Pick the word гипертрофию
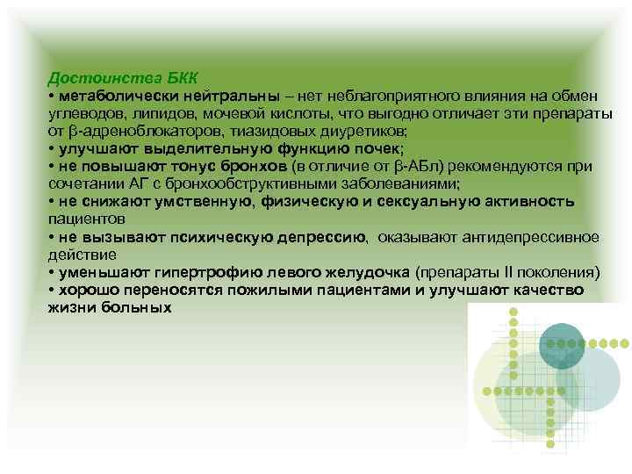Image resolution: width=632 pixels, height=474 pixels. pos(193,272)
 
